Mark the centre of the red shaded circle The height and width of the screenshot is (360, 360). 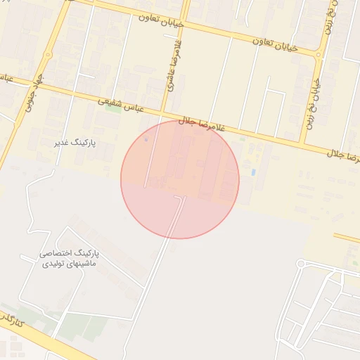click(x=180, y=179)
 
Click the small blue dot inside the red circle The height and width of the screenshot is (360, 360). click(x=146, y=139)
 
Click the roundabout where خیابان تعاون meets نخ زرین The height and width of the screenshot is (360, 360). click(x=319, y=53)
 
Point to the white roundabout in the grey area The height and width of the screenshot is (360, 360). click(x=301, y=264)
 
